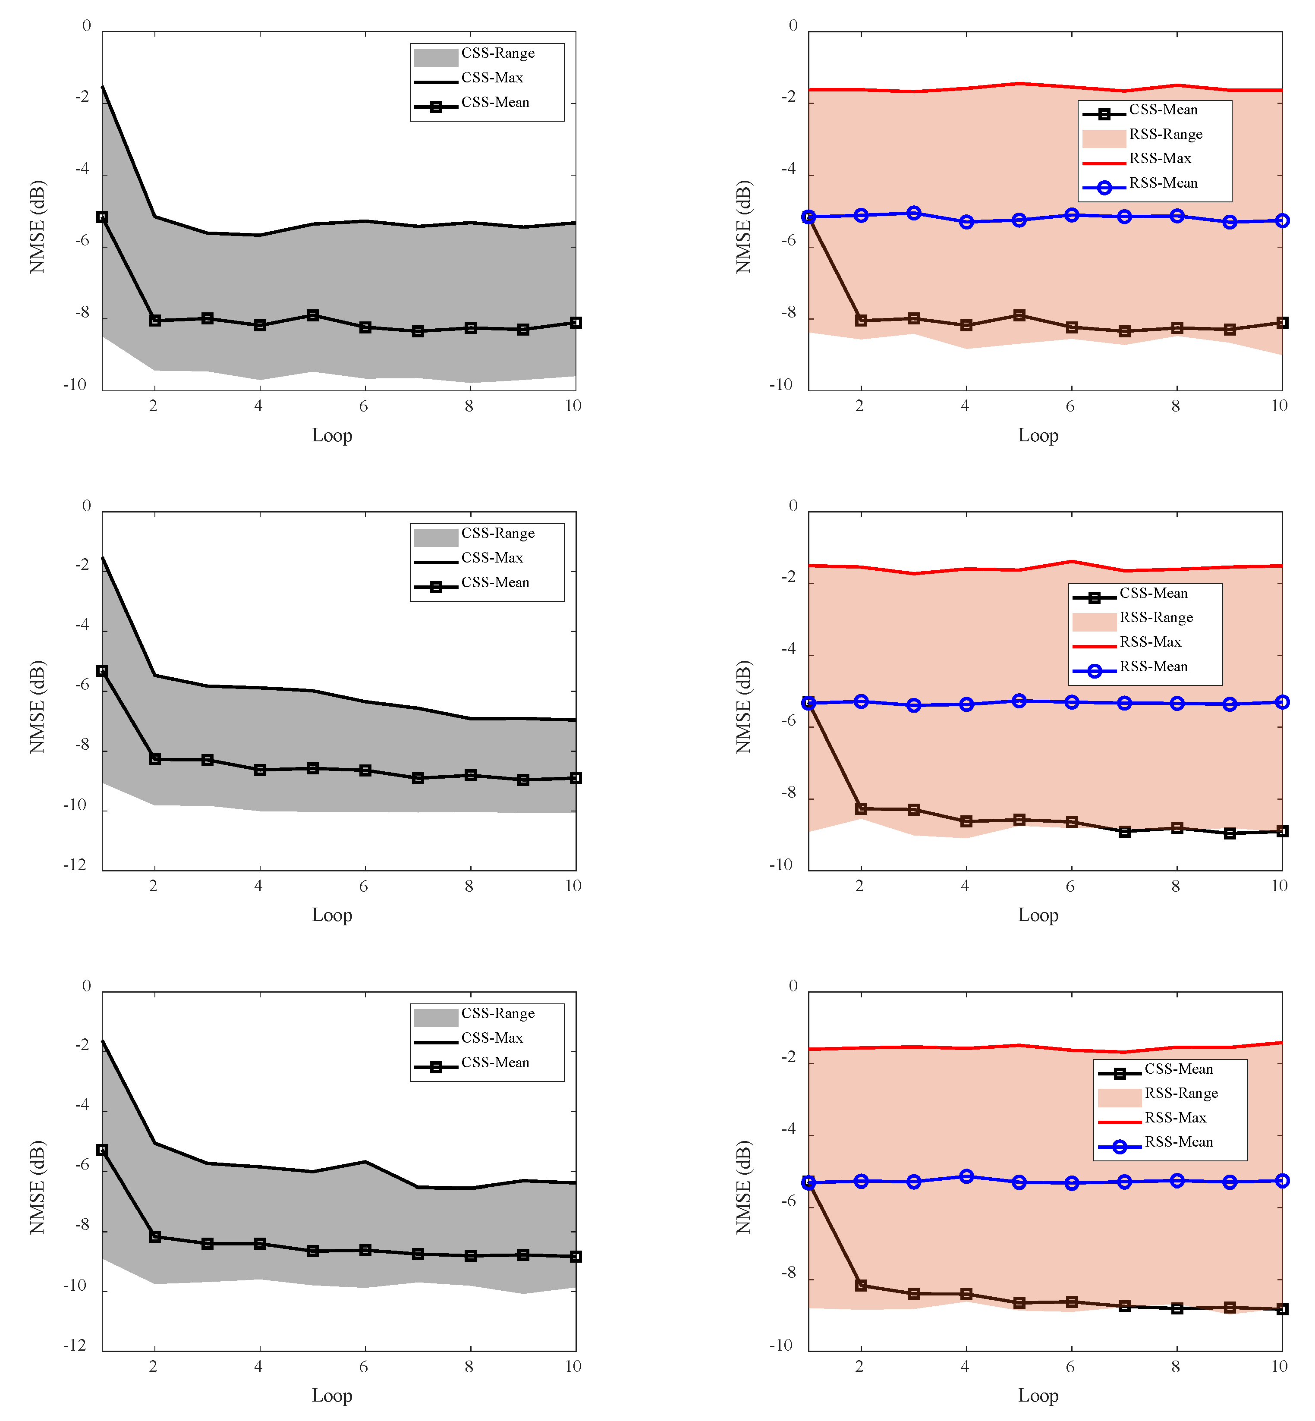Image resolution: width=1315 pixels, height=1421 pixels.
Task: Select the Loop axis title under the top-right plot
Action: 1038,435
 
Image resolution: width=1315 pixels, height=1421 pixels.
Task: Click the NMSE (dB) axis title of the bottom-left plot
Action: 37,1187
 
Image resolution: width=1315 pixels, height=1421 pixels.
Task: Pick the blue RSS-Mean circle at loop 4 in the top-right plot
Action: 966,222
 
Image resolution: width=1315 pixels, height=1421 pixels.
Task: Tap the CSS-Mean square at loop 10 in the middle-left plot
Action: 576,778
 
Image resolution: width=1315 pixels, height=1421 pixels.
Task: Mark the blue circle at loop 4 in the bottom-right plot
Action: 966,1176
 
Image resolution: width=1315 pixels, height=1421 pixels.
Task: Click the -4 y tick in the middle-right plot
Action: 788,649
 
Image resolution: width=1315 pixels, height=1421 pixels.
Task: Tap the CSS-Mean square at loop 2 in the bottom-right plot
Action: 861,1285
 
